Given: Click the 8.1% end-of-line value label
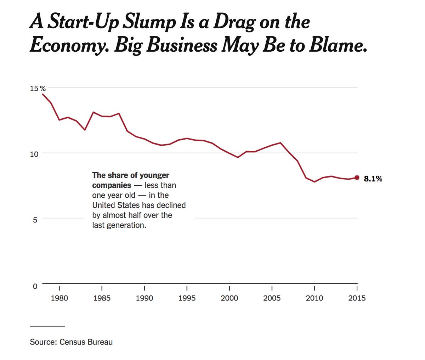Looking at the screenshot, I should [373, 179].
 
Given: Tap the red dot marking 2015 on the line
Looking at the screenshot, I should [357, 178].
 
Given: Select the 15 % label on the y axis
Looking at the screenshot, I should [38, 88].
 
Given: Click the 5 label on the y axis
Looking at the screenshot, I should [35, 220].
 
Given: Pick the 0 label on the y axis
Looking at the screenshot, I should [35, 286].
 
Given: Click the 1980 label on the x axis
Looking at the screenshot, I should [59, 298].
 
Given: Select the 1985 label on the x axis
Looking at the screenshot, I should [102, 298].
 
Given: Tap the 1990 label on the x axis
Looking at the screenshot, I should [144, 298].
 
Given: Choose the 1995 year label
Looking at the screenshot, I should [187, 298].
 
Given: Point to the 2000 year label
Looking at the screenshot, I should [229, 298].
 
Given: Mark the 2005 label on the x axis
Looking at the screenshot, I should [272, 298].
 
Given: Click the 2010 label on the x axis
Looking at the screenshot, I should [314, 298].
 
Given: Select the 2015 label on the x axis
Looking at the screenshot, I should [357, 298].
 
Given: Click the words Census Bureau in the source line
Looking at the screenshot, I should [86, 342].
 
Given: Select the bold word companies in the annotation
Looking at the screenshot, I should [112, 185].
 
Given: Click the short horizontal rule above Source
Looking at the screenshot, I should [47, 326].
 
